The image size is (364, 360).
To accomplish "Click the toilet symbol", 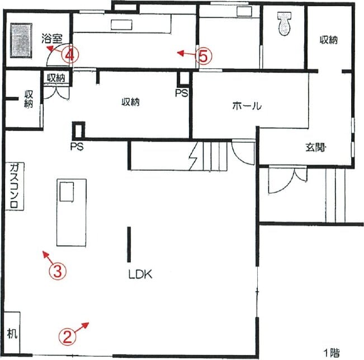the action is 284,24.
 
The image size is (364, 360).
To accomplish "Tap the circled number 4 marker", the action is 70,55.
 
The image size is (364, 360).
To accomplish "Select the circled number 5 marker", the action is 204,56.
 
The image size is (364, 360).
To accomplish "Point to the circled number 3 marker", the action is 58,271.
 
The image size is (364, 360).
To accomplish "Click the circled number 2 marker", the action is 67,336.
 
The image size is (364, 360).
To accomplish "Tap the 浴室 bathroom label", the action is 52,39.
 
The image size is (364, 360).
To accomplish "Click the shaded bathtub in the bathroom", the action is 21,40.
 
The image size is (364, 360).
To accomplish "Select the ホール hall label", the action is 247,106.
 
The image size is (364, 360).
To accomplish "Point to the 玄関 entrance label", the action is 316,147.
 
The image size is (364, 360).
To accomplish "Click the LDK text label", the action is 140,274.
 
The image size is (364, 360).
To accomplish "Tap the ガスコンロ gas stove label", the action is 15,186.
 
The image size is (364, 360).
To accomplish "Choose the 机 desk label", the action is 12,334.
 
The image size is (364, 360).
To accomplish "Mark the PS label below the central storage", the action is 77,147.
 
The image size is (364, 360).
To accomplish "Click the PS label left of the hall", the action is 182,93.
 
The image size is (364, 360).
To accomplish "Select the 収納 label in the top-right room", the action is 329,40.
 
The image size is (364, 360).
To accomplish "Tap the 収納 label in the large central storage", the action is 131,102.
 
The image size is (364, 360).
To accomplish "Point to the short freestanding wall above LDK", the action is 129,245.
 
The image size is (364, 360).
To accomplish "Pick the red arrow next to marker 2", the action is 82,326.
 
